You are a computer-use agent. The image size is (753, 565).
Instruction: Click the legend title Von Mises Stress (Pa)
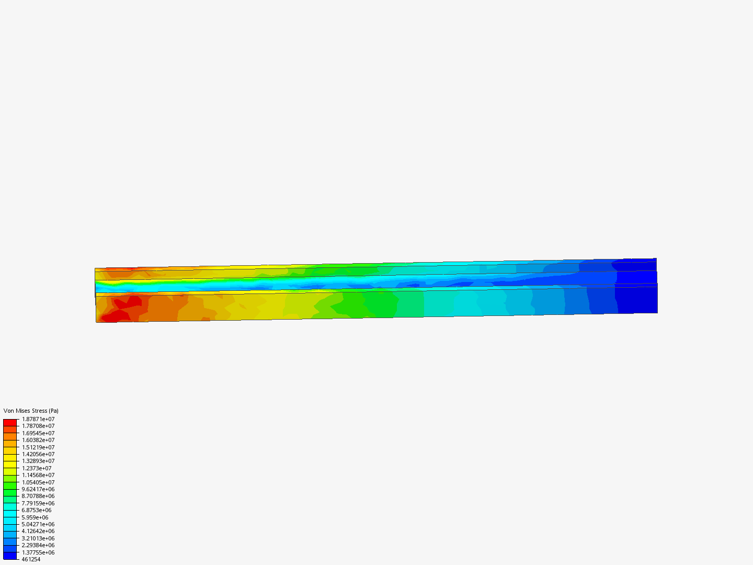(x=31, y=411)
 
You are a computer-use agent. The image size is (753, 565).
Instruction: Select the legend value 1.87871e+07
(x=38, y=419)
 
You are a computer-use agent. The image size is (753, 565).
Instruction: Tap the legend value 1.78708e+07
(x=38, y=426)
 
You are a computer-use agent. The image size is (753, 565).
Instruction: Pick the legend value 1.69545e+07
(x=38, y=433)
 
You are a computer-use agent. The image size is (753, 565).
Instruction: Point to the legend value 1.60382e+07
(x=38, y=440)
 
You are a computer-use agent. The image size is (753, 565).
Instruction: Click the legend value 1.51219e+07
(x=38, y=447)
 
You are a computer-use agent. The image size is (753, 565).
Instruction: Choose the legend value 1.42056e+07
(x=38, y=454)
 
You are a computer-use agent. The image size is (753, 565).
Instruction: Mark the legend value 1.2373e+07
(x=37, y=468)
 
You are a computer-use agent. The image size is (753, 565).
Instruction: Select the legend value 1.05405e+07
(x=38, y=482)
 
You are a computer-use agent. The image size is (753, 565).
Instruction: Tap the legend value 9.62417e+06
(x=38, y=489)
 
